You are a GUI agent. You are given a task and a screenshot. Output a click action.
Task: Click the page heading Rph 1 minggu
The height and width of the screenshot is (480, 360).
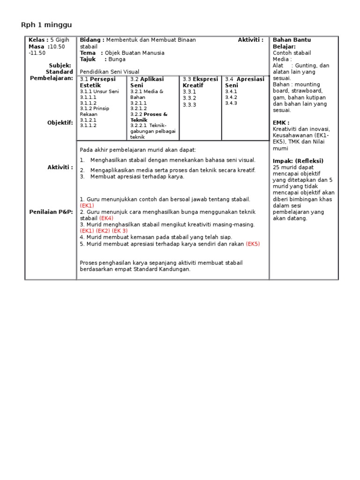coord(46,24)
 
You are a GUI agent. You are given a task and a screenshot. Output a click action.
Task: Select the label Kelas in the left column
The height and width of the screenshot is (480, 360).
coord(38,40)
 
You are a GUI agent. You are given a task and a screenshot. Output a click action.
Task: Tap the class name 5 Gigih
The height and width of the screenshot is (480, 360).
coord(60,40)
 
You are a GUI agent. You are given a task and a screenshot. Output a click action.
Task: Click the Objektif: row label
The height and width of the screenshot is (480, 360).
coord(60,123)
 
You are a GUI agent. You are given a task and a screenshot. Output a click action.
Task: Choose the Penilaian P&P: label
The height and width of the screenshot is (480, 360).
coord(52,212)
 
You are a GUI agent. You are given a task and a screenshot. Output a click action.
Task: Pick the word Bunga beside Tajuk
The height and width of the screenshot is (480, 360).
coord(117,60)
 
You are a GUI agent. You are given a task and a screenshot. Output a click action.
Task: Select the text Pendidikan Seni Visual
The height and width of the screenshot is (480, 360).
coord(110,72)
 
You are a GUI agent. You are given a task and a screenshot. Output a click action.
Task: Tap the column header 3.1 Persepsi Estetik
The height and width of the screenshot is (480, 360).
coord(98,82)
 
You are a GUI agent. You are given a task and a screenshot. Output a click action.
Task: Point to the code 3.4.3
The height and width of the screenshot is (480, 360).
coord(231,103)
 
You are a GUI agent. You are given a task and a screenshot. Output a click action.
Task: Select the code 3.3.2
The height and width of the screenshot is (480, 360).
coord(189,98)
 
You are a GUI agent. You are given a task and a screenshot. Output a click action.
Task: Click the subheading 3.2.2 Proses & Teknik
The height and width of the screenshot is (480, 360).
coord(149,117)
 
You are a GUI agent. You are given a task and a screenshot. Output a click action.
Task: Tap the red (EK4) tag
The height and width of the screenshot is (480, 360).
coord(106,218)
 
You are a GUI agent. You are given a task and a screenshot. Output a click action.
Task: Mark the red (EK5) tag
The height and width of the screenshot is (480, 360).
coord(253,244)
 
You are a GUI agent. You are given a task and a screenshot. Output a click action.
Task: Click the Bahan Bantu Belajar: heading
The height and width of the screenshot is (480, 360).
coord(292,44)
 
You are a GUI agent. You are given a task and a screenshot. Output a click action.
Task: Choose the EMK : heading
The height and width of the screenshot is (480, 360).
coord(281,123)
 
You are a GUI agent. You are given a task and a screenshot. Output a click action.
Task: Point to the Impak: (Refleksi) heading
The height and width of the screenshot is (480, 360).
coord(298,161)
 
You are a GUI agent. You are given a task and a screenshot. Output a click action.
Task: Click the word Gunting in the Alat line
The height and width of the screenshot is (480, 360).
coord(307,66)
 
